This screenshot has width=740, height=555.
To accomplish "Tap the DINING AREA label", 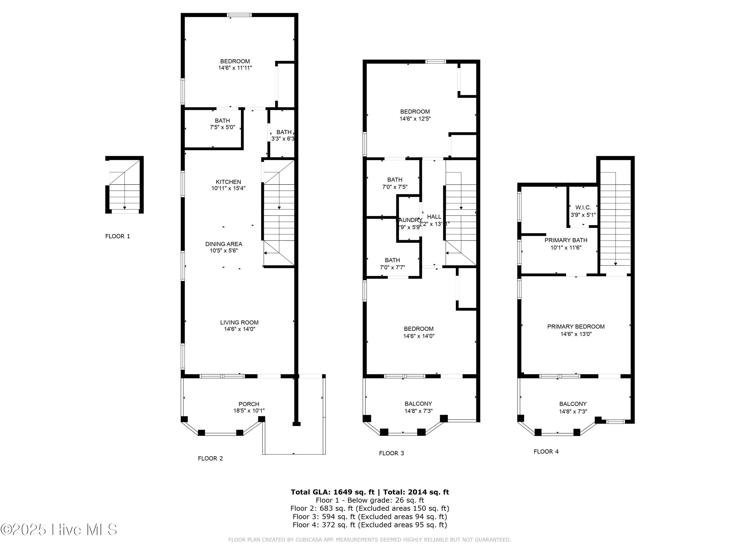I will click(x=223, y=244).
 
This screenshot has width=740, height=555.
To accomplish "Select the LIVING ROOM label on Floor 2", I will click(x=239, y=322).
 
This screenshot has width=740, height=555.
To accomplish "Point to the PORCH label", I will click(x=249, y=404).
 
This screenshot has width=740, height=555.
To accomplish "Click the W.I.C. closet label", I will click(x=583, y=207).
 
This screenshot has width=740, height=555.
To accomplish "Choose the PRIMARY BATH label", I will click(x=566, y=240).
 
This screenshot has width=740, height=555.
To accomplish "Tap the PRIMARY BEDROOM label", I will click(x=576, y=327).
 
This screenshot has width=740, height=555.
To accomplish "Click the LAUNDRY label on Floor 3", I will click(x=409, y=220).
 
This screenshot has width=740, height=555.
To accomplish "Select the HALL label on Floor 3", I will click(x=434, y=217).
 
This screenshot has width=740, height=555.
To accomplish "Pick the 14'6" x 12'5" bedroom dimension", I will click(x=415, y=119).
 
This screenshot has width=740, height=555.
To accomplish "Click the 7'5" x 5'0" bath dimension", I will click(x=222, y=128).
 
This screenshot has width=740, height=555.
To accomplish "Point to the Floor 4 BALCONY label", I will click(x=573, y=404).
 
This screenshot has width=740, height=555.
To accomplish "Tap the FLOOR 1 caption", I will click(x=117, y=236).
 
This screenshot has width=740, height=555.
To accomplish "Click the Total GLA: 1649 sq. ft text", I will click(x=333, y=492).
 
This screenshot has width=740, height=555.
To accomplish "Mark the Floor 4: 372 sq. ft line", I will click(x=369, y=525).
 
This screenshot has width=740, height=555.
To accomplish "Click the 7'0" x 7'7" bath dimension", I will click(x=392, y=268).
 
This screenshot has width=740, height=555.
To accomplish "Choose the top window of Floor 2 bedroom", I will click(x=239, y=15).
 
